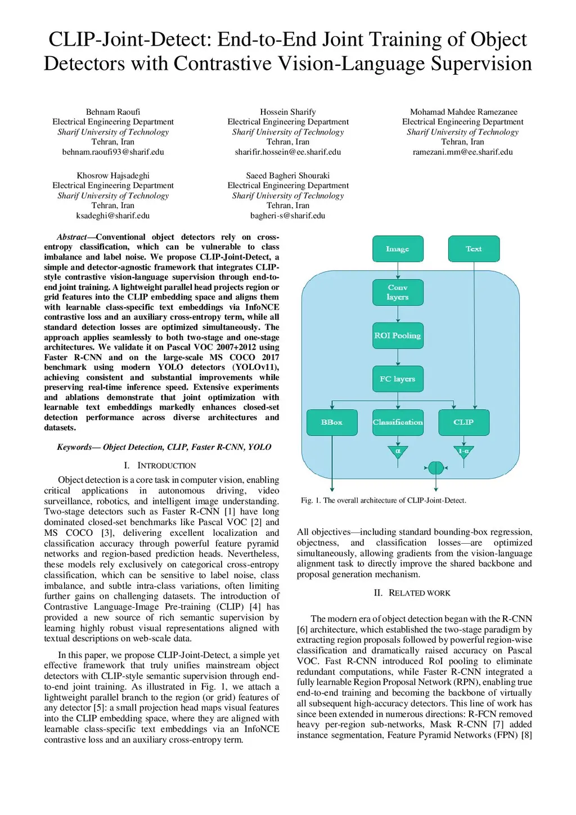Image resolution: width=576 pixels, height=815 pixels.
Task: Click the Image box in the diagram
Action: coord(398,249)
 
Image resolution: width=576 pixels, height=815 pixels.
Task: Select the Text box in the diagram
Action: coord(474,249)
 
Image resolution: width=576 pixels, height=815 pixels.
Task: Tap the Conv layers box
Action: coord(398,292)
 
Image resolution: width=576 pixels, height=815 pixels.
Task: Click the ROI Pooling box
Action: coord(398,335)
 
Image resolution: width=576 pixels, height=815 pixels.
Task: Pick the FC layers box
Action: coord(398,379)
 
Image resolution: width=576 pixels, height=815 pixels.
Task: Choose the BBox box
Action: coord(332,422)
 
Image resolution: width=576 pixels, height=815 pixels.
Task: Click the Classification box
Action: coord(398,422)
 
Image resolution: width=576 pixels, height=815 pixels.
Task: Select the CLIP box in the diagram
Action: coord(463,422)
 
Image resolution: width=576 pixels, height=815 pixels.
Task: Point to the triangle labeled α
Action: coord(398,451)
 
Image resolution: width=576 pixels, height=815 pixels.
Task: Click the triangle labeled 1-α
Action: coord(463,451)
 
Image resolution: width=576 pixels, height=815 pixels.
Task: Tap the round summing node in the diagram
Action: coord(436,468)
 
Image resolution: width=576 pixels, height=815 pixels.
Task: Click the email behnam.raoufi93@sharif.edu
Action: coord(113,152)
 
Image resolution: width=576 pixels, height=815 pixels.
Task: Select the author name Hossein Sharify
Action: coord(288,112)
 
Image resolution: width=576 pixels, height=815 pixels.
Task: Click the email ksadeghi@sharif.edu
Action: coord(113,216)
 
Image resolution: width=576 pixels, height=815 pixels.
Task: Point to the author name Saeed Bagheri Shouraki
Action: coord(288,176)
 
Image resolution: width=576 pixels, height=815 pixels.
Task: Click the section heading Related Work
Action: coord(412,593)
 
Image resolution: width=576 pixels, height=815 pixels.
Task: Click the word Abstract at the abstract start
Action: coord(71,237)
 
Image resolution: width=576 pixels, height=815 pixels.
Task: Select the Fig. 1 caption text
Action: coord(384,500)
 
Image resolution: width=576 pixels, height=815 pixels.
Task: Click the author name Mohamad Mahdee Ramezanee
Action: coord(463,112)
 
